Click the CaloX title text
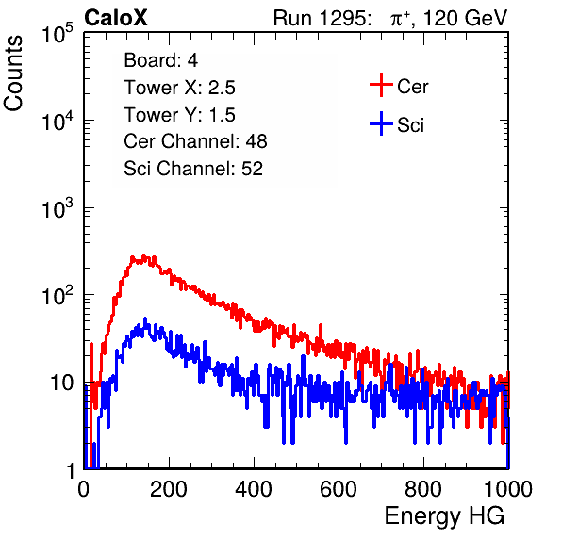click(116, 18)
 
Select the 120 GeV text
click(466, 18)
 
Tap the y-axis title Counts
click(13, 73)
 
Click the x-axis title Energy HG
click(444, 516)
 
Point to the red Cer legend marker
click(381, 85)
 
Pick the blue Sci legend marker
click(381, 124)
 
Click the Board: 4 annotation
click(160, 60)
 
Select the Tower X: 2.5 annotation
click(179, 88)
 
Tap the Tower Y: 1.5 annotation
click(179, 115)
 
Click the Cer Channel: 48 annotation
click(195, 141)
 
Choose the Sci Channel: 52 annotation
click(193, 169)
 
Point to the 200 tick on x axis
click(169, 489)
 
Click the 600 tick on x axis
click(339, 489)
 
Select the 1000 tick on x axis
click(508, 489)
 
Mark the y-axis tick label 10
click(61, 384)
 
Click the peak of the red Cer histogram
click(144, 256)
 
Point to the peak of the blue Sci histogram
click(145, 318)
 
